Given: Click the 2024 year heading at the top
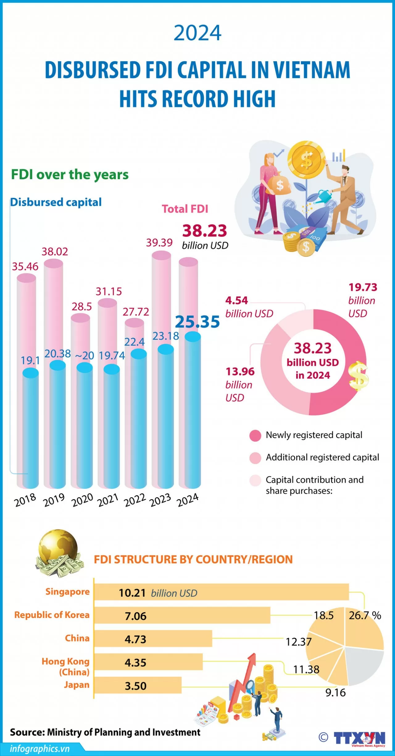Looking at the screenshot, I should [x=197, y=33].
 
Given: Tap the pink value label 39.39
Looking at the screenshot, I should [x=159, y=243].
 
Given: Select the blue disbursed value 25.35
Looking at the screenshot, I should [x=197, y=322].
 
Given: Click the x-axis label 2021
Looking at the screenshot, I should [x=108, y=500].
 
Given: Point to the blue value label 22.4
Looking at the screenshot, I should [x=135, y=342].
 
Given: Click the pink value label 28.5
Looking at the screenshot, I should [x=82, y=306].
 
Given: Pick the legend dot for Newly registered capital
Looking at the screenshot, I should [x=255, y=436].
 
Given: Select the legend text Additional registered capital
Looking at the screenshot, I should [x=322, y=457].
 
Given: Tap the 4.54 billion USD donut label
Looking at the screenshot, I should [x=249, y=307].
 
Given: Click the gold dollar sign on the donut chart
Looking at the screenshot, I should [x=359, y=376].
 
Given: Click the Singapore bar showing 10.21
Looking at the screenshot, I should [x=221, y=592].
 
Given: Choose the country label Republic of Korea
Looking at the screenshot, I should [x=52, y=615].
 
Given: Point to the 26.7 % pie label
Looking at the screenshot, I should [x=365, y=615].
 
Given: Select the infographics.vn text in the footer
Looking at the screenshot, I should [x=40, y=749].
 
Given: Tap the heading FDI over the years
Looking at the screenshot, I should [x=70, y=175].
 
